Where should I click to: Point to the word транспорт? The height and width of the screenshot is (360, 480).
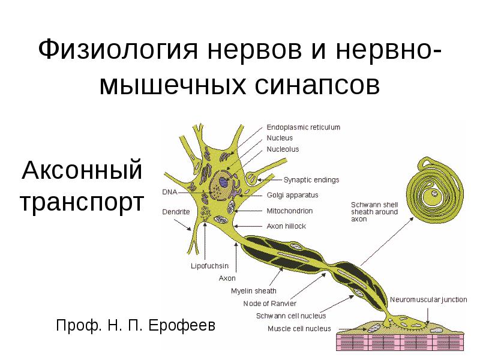82,202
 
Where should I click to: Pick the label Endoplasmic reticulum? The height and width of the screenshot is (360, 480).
303,127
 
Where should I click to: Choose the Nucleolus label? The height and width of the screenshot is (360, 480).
283,149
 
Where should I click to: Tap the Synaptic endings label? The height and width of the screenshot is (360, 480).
311,180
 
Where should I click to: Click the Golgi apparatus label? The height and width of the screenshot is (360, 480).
292,195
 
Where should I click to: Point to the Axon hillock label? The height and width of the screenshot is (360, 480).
286,226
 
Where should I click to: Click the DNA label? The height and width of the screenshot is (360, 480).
169,192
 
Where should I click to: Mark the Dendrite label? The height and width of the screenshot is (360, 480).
176,212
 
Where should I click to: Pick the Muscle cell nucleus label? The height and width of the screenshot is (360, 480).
299,328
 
